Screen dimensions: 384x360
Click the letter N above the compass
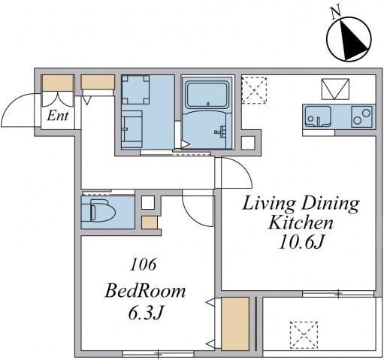[x=335, y=14]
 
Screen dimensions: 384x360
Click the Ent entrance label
[x=58, y=116]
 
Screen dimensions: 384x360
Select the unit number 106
[x=144, y=265]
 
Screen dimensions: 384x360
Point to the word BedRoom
[x=145, y=291]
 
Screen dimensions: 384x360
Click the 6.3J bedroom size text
[x=146, y=313]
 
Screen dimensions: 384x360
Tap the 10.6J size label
[x=301, y=242]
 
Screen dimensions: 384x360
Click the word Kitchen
[x=301, y=222]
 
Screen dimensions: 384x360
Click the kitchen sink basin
[x=318, y=116]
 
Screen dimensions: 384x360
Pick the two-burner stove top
[x=361, y=116]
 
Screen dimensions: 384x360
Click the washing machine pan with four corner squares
[x=135, y=89]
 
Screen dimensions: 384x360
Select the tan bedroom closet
[x=235, y=324]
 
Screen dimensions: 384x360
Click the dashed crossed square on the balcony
[x=304, y=335]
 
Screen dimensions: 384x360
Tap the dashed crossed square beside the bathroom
[x=254, y=90]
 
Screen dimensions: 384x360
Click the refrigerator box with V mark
[x=335, y=89]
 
